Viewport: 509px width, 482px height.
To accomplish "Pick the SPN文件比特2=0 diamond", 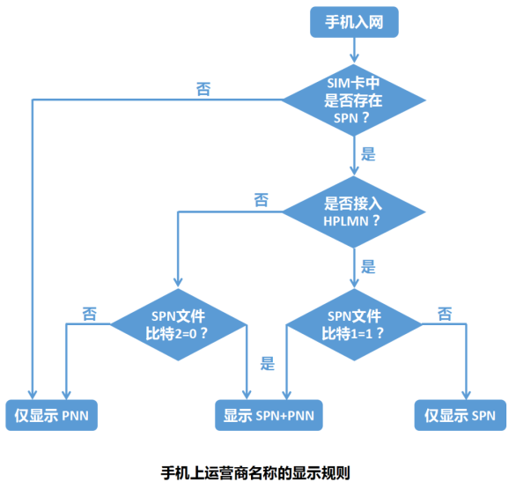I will pos(180,324).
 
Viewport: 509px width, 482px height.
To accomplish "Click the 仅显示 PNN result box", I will pos(52,414).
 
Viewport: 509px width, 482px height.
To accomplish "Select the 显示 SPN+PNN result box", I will pos(269,414).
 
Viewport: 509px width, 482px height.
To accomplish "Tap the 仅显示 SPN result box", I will pos(461,414).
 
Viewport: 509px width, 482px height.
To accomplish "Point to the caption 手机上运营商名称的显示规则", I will pos(255,471).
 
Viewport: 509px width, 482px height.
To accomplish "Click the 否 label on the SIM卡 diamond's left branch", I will pos(203,89).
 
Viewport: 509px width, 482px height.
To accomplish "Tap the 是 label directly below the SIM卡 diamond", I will pos(368,154).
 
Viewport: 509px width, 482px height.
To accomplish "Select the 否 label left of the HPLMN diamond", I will pos(262,200).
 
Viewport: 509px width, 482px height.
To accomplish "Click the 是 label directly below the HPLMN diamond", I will pos(368,266).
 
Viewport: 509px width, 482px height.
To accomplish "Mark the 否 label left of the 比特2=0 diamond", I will pos(90,313).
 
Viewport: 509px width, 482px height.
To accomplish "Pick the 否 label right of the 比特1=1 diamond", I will pos(445,313).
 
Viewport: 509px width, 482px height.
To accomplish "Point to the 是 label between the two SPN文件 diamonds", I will pos(268,362).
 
